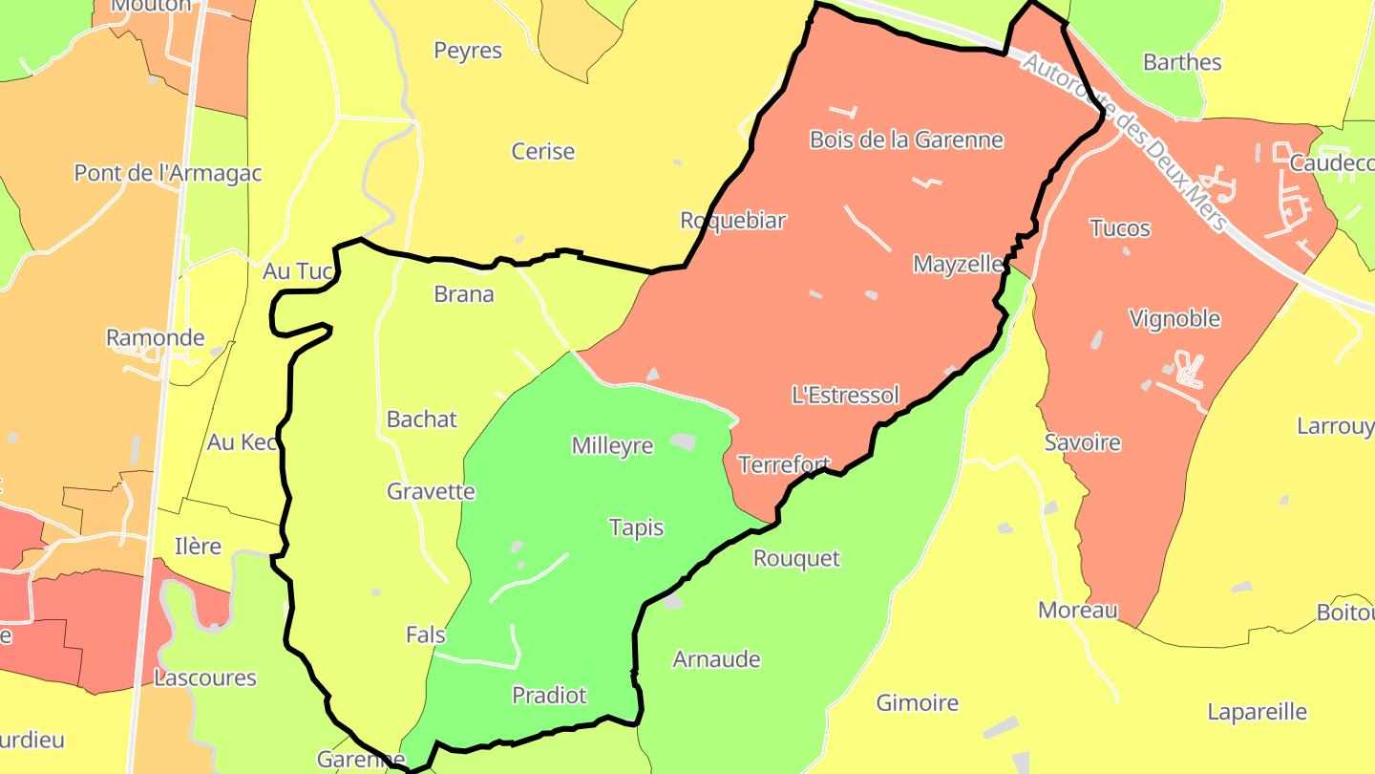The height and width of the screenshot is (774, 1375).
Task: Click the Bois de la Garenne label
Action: pos(906,140)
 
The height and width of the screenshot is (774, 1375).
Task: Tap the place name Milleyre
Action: pos(612,445)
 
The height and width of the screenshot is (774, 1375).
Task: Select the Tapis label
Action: pos(636,527)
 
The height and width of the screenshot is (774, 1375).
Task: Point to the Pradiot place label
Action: pos(549,695)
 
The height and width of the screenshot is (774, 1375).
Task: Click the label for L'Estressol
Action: pos(845,395)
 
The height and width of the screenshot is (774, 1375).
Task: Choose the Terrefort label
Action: pos(784,464)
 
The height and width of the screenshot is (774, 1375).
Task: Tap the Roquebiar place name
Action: pos(732,220)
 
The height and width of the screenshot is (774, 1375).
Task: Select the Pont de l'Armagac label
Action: pos(168,173)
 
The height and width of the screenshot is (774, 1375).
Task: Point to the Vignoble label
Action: pos(1174,318)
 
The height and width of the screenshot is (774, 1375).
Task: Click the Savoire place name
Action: pos(1082,442)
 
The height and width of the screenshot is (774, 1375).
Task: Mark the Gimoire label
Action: pos(917,702)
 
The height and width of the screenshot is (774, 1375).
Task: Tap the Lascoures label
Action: pos(205,677)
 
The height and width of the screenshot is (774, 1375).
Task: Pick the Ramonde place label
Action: pos(155,337)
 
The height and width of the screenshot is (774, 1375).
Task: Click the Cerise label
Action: pos(543,151)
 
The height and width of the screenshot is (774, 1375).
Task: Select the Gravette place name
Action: pos(431,491)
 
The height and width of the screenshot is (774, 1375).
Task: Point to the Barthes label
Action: pos(1182,62)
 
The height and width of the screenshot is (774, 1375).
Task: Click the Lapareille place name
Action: pos(1257,712)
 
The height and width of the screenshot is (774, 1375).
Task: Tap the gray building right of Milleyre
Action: pos(683,441)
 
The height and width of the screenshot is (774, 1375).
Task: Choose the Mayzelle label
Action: pos(958,264)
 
